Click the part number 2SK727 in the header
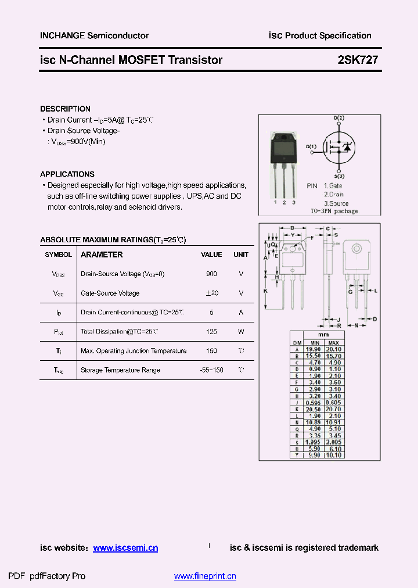click(x=358, y=60)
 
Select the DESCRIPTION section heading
click(x=65, y=109)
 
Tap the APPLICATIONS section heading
click(x=67, y=174)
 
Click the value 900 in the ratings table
click(x=211, y=274)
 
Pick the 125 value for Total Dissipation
click(x=211, y=331)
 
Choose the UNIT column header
click(x=241, y=254)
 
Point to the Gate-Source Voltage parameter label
click(x=110, y=293)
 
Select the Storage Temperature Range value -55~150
click(x=211, y=370)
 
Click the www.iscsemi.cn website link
click(x=125, y=548)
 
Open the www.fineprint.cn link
click(x=205, y=576)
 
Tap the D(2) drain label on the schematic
click(x=339, y=118)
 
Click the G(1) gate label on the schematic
click(x=311, y=146)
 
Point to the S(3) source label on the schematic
click(x=339, y=175)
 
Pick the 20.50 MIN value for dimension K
click(x=313, y=409)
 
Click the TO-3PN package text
click(x=333, y=211)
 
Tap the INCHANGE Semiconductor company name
click(x=94, y=35)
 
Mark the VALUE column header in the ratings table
click(x=211, y=254)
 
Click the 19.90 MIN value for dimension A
click(x=313, y=349)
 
